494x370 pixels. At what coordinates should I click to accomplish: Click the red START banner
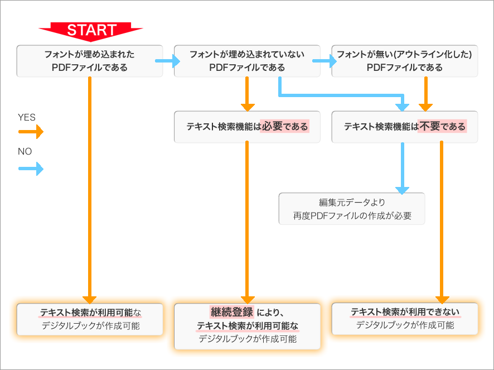click(91, 30)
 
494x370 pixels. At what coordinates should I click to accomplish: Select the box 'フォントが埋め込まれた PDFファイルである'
click(90, 61)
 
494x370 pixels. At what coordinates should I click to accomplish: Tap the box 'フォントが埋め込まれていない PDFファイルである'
click(247, 61)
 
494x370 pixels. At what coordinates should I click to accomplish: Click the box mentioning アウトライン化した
click(405, 61)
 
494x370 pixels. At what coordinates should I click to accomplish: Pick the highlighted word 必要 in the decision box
click(272, 127)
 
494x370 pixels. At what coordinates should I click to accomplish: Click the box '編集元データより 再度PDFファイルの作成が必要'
click(352, 209)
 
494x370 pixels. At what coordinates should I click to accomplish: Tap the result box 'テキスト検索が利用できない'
click(405, 319)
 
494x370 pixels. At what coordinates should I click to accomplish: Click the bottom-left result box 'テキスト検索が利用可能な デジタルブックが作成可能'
click(90, 319)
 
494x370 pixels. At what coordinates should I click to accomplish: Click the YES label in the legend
click(27, 117)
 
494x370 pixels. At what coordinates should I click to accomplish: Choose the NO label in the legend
click(25, 151)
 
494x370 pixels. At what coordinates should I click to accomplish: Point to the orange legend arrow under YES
click(31, 132)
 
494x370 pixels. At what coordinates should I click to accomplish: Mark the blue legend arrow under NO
click(31, 168)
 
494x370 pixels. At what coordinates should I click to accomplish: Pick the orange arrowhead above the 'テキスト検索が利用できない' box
click(442, 299)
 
